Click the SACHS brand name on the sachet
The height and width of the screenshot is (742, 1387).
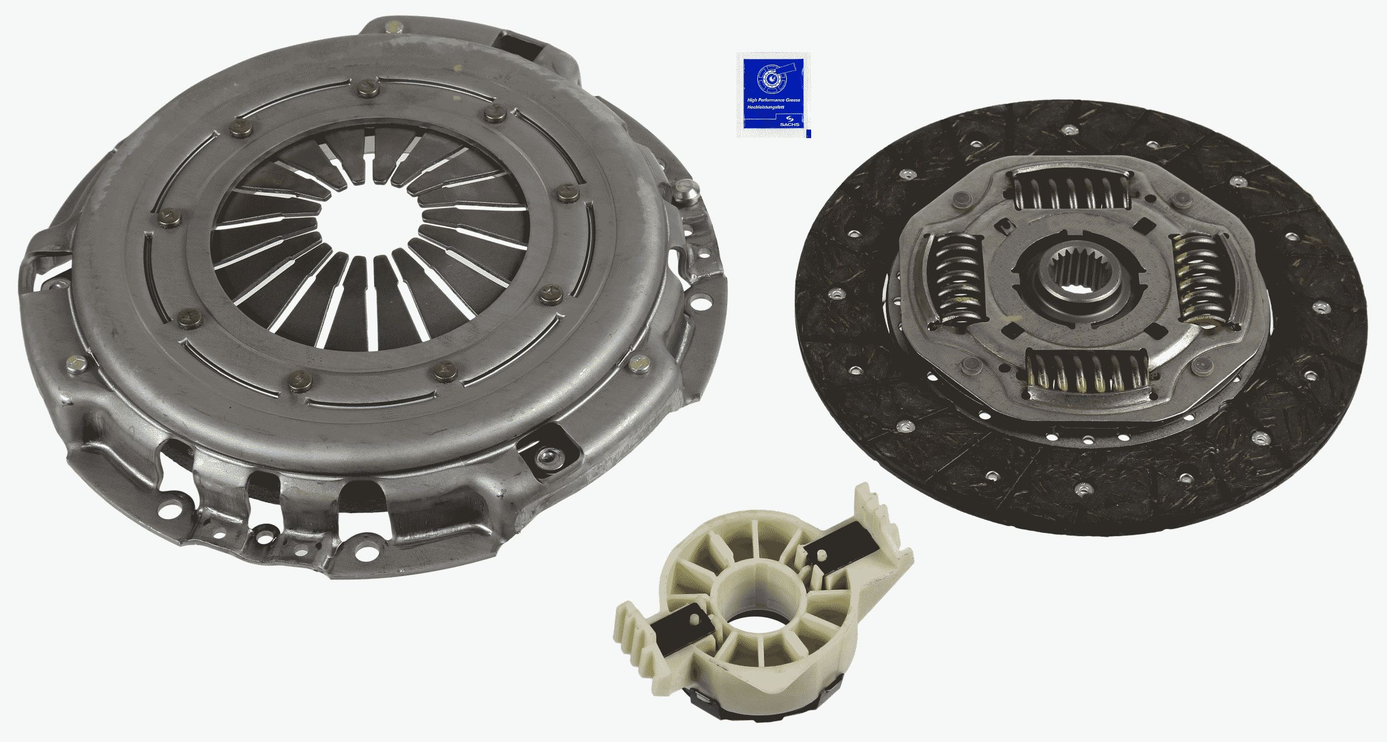[789, 124]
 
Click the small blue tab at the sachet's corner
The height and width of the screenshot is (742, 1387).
[808, 134]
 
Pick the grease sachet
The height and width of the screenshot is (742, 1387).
[773, 95]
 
